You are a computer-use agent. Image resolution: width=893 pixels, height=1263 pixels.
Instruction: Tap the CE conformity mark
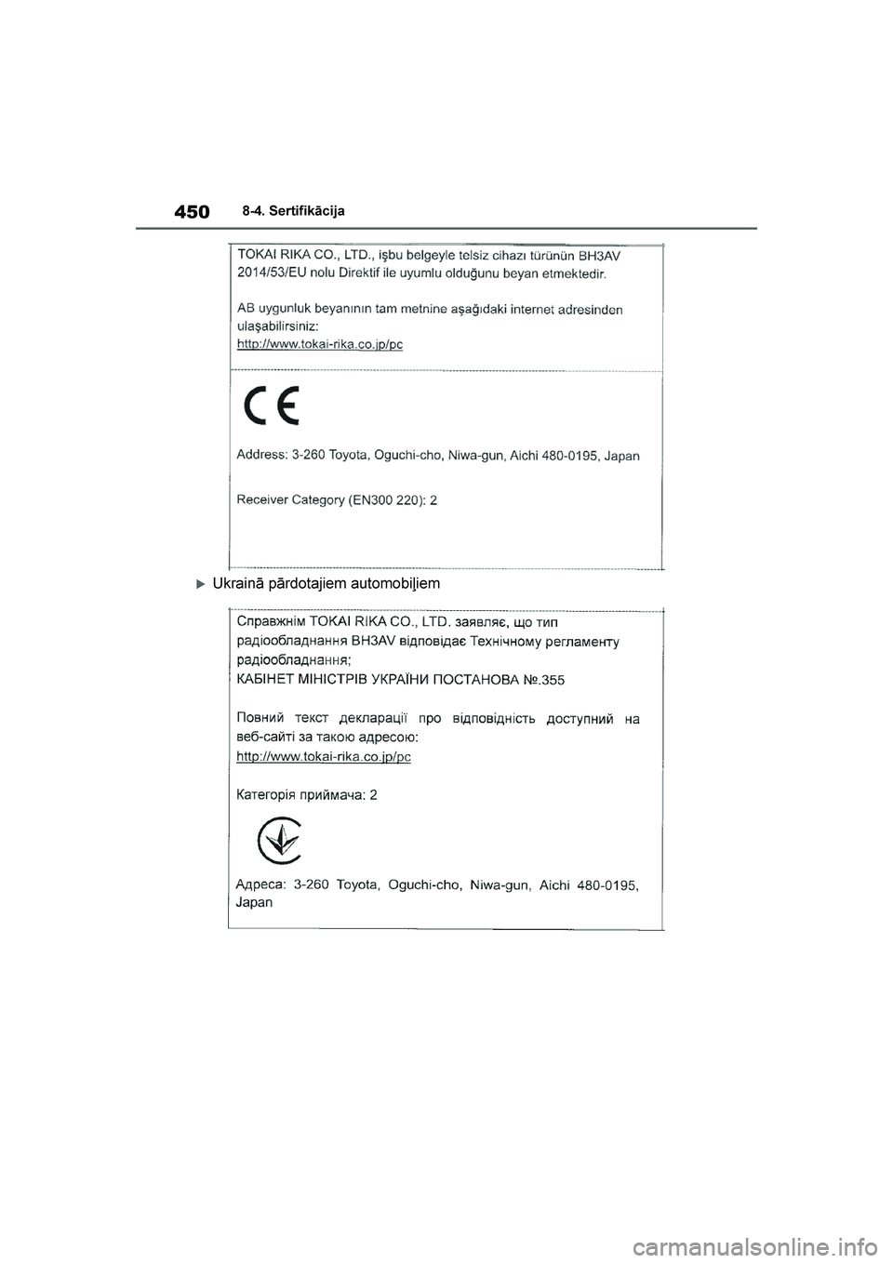point(270,405)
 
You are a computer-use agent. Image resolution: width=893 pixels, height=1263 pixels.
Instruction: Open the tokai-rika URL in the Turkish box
point(320,343)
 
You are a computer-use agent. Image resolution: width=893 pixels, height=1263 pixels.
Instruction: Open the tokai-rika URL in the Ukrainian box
point(324,757)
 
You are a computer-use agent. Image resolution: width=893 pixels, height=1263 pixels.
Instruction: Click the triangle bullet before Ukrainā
point(200,584)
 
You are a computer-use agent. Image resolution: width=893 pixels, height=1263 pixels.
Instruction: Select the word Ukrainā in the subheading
point(238,584)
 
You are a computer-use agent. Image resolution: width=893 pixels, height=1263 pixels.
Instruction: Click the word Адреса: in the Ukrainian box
point(260,884)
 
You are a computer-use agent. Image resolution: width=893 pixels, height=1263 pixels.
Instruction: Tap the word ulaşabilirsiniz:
point(278,326)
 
